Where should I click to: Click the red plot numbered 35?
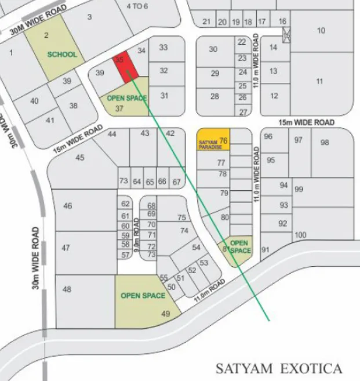click(125, 68)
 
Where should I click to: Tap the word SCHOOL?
click(62, 55)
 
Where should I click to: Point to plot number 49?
click(166, 314)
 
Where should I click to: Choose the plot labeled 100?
click(300, 235)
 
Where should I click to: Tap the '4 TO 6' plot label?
click(137, 6)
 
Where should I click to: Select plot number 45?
click(80, 158)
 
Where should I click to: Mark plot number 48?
click(67, 289)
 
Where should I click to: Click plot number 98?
click(325, 142)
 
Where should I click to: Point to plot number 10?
click(321, 31)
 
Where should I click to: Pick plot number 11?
click(319, 82)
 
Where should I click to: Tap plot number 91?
click(266, 250)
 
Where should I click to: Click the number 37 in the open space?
click(120, 108)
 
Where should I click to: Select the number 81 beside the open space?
click(225, 249)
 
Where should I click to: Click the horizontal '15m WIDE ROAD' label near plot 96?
click(307, 122)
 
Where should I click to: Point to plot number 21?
click(206, 22)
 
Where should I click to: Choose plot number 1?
click(11, 53)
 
